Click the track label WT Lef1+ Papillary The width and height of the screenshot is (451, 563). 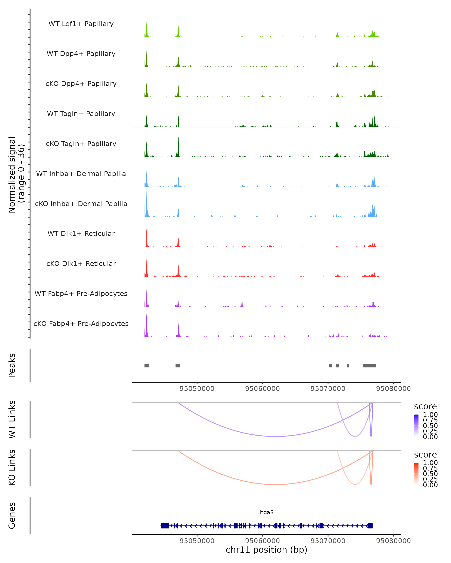coord(81,24)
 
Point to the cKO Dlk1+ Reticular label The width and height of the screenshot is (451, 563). coord(81,263)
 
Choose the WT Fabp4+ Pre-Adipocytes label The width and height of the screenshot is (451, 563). coord(81,294)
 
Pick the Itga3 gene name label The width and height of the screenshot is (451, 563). coord(266,512)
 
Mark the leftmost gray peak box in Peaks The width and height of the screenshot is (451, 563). coord(147,366)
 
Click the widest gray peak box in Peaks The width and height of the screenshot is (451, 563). coord(369,366)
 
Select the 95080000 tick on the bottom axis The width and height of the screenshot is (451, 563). coord(393,541)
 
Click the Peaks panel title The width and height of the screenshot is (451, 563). coord(12,366)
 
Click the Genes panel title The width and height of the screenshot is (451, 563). coord(12,516)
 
